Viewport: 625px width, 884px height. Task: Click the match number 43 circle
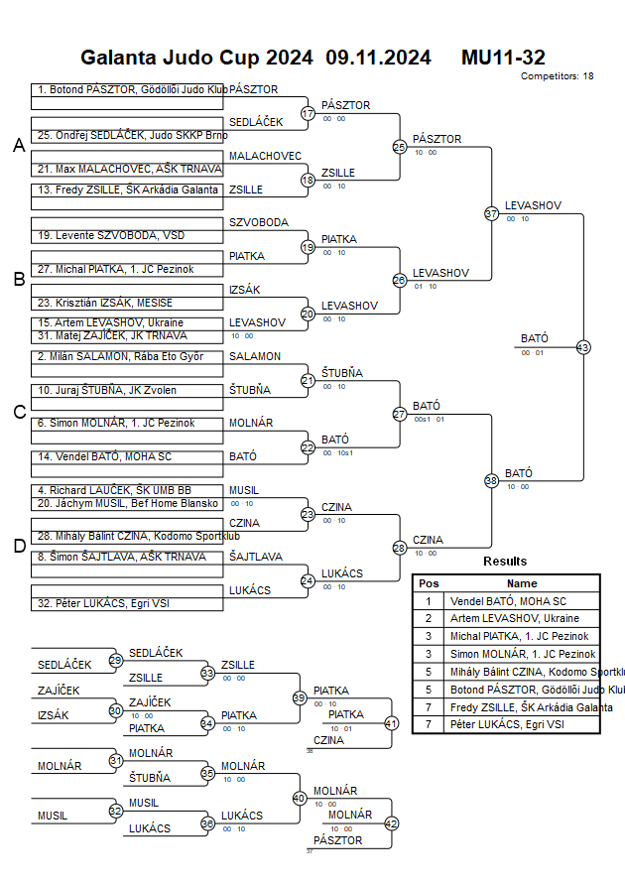pyautogui.click(x=582, y=347)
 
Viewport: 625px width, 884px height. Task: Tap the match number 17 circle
pyautogui.click(x=308, y=113)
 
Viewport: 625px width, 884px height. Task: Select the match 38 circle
pyautogui.click(x=491, y=480)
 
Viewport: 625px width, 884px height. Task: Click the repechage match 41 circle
pyautogui.click(x=391, y=723)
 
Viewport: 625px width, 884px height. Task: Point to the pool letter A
pyautogui.click(x=18, y=146)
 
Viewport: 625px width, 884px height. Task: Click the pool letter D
pyautogui.click(x=18, y=545)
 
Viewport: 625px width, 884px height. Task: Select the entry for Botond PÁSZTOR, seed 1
pyautogui.click(x=127, y=89)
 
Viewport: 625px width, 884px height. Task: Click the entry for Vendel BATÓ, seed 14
pyautogui.click(x=127, y=456)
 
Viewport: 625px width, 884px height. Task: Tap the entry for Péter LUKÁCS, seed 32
pyautogui.click(x=127, y=602)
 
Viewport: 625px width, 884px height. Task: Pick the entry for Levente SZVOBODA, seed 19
pyautogui.click(x=127, y=235)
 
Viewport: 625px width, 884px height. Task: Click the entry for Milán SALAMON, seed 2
pyautogui.click(x=127, y=356)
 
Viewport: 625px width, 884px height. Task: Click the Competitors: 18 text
pyautogui.click(x=557, y=75)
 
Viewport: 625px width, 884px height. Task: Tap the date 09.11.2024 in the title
pyautogui.click(x=378, y=58)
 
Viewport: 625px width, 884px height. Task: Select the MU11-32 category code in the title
pyautogui.click(x=503, y=58)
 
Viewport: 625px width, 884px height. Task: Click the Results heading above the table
pyautogui.click(x=505, y=562)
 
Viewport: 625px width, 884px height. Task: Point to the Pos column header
pyautogui.click(x=429, y=583)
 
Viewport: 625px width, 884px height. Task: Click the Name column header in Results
pyautogui.click(x=522, y=583)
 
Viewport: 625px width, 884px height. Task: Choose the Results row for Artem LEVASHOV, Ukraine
pyautogui.click(x=506, y=618)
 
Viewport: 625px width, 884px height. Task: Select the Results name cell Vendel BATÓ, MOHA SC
pyautogui.click(x=522, y=601)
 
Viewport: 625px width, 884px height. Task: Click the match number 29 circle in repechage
pyautogui.click(x=116, y=660)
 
